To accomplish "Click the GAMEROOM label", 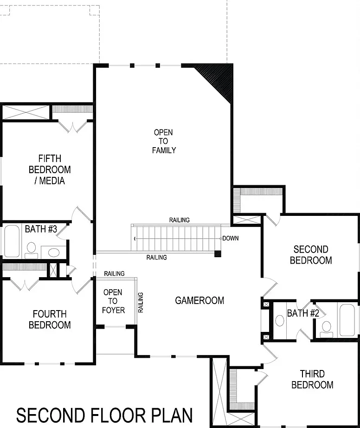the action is click(199, 300).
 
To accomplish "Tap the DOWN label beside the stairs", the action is click(231, 238).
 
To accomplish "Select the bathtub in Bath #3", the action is click(12, 241).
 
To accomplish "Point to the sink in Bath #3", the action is click(54, 252).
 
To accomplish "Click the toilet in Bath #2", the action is click(326, 330).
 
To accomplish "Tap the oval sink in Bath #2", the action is click(280, 320).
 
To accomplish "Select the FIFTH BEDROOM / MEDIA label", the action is click(50, 169).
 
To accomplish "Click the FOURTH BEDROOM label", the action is click(50, 319).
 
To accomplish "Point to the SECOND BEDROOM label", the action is click(311, 255).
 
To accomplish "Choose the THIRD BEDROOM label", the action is click(312, 379).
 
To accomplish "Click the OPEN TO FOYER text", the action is click(113, 301).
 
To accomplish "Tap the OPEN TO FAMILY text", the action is click(164, 141).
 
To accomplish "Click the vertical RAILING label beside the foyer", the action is click(141, 303).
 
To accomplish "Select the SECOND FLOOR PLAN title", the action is click(104, 415).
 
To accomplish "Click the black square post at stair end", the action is click(218, 253).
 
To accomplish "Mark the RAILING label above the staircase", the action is click(180, 220).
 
